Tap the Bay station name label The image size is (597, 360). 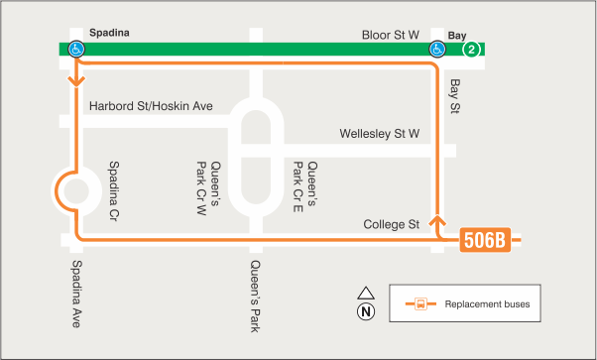(x=457, y=34)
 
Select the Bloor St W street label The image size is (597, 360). (x=392, y=34)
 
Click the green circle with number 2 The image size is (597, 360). (x=473, y=49)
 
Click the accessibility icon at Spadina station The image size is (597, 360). (x=75, y=49)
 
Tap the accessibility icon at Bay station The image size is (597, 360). (x=437, y=49)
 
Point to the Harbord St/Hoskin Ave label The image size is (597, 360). (x=151, y=106)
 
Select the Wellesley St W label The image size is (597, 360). (x=380, y=133)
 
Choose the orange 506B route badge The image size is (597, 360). (x=485, y=240)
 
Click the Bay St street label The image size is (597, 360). (x=455, y=96)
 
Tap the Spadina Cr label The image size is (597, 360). (x=114, y=189)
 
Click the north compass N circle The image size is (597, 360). (x=365, y=311)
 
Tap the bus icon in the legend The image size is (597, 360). (x=420, y=303)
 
